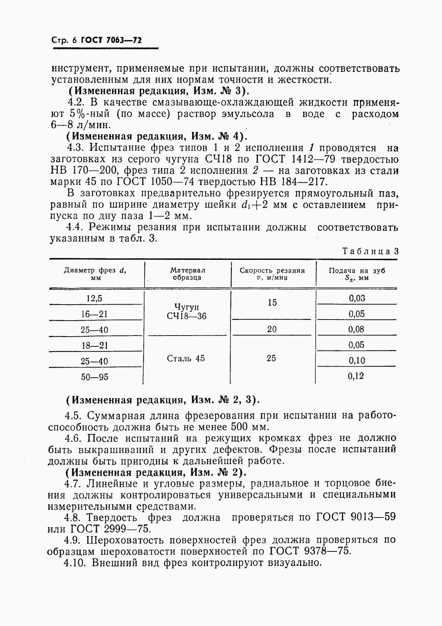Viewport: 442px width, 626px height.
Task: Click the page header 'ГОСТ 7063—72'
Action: tap(111, 40)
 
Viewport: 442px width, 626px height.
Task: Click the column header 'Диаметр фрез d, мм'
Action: tap(95, 274)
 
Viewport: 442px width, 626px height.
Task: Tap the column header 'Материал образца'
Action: tap(188, 274)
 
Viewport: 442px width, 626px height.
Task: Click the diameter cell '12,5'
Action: tap(94, 298)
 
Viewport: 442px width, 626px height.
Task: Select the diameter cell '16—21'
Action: tap(94, 314)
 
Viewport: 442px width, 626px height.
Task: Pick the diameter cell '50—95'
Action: tap(95, 377)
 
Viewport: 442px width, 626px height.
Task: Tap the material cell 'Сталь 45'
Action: tap(186, 358)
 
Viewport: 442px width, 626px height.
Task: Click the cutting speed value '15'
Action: tap(272, 302)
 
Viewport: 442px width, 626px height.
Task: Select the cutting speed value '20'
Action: tap(272, 329)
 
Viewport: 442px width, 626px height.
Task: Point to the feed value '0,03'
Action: tap(356, 298)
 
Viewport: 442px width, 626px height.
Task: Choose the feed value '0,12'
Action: tap(356, 376)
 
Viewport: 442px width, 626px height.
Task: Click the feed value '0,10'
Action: tap(356, 361)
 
